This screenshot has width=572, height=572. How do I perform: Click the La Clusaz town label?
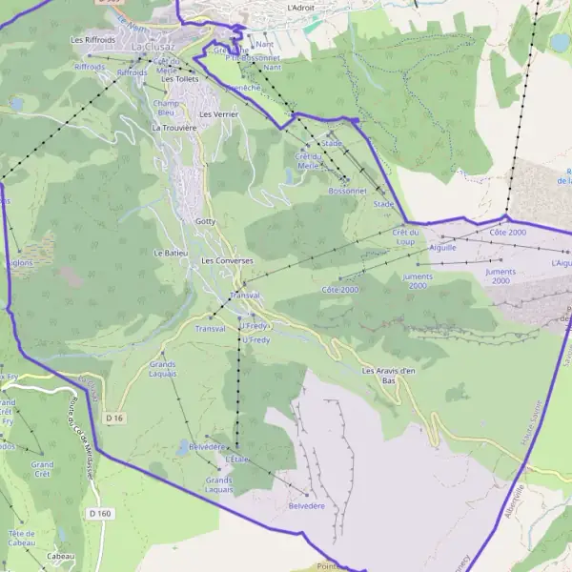152,46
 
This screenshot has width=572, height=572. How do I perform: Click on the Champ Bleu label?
166,108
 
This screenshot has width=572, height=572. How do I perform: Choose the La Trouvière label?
174,127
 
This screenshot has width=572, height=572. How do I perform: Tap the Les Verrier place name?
218,113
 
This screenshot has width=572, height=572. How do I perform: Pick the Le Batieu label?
170,253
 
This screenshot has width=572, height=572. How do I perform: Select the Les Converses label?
227,260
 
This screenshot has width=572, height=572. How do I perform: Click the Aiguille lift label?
443,247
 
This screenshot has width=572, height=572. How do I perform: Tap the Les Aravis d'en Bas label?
389,375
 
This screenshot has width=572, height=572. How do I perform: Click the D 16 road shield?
115,418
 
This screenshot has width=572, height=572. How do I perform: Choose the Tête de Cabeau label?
22,537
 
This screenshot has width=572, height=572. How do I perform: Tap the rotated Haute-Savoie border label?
534,442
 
